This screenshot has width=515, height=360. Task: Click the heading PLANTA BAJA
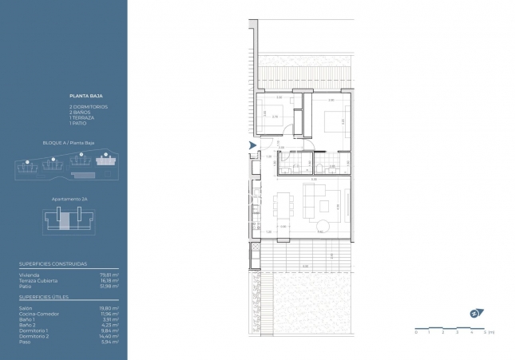pos(82,94)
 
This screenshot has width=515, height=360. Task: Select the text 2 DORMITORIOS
pos(88,106)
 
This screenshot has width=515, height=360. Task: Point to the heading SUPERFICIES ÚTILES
pos(44,297)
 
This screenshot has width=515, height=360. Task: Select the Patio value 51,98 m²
pos(110,287)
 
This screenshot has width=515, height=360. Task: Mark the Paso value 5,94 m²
pos(111,342)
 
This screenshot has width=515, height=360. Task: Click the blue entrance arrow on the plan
pos(253,145)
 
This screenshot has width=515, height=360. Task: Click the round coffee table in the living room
pos(325,204)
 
